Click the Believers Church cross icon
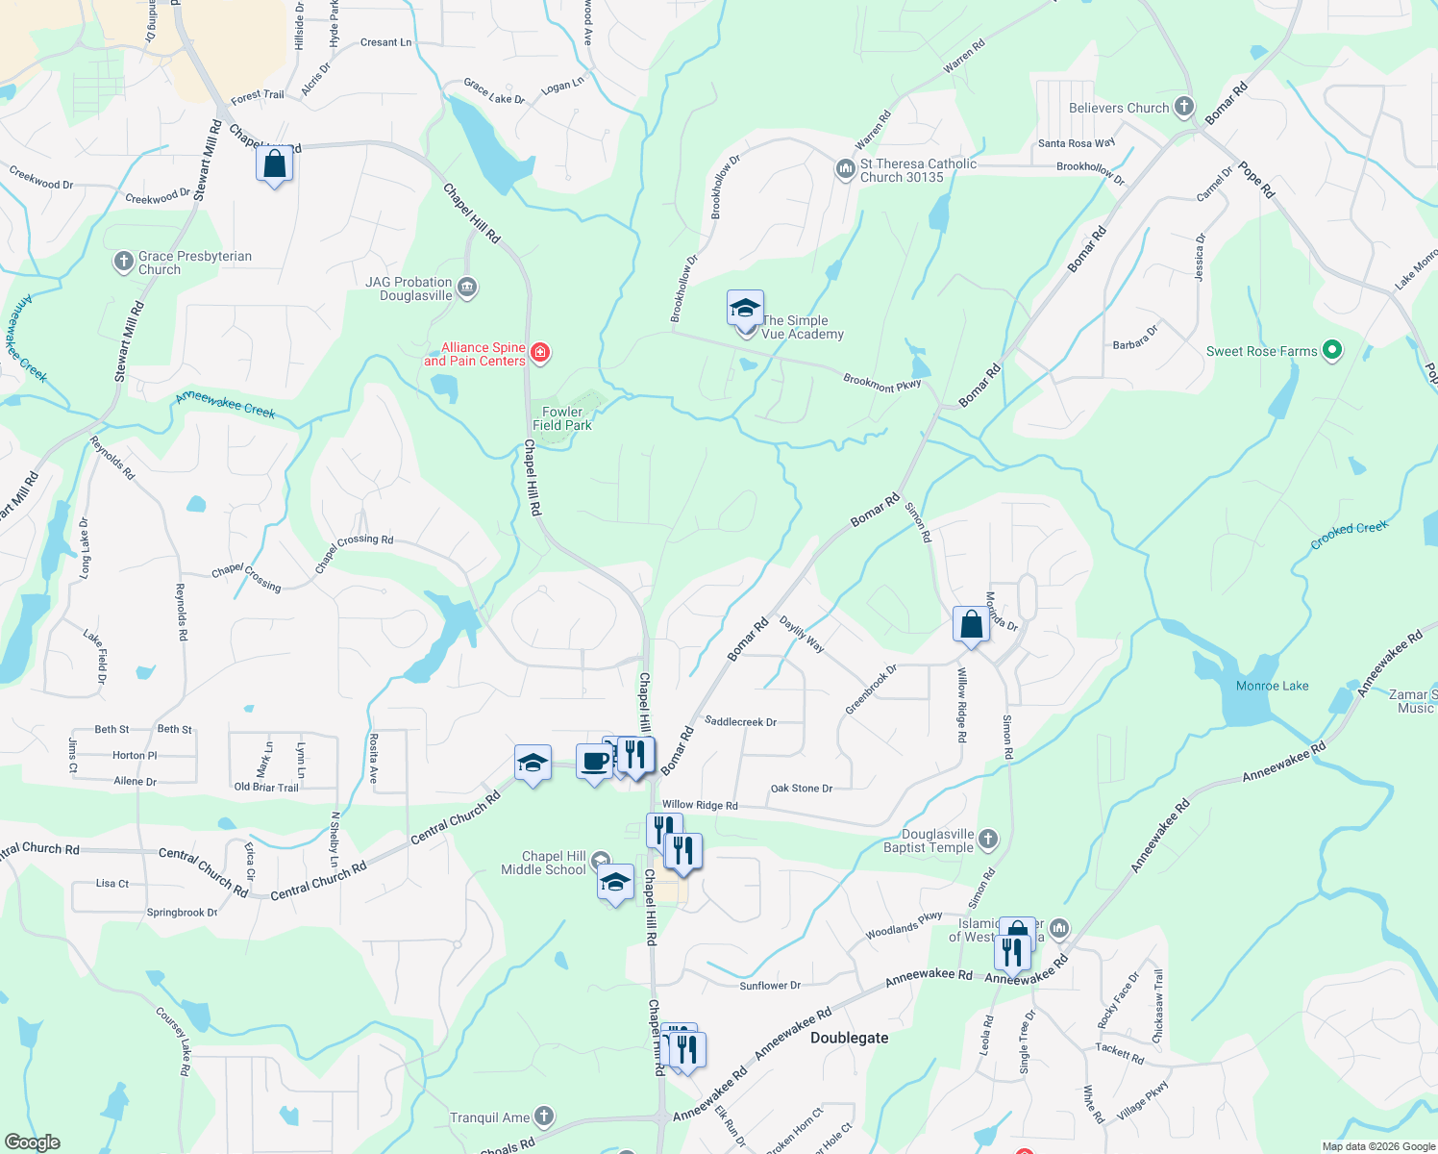pyautogui.click(x=1184, y=108)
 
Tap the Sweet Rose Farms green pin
pyautogui.click(x=1331, y=351)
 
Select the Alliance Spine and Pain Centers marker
pyautogui.click(x=540, y=353)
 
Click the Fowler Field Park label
pyautogui.click(x=562, y=418)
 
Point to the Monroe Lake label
pyautogui.click(x=1272, y=686)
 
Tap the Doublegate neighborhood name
pyautogui.click(x=849, y=1038)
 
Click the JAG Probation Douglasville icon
pyautogui.click(x=467, y=288)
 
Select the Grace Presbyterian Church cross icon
pyautogui.click(x=123, y=262)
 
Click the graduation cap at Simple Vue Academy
pyautogui.click(x=745, y=310)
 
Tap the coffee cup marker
pyautogui.click(x=595, y=762)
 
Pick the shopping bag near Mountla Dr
pyautogui.click(x=972, y=624)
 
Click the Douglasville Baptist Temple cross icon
pyautogui.click(x=988, y=840)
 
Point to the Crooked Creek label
pyautogui.click(x=1349, y=536)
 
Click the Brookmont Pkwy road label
pyautogui.click(x=881, y=383)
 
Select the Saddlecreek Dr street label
pyautogui.click(x=740, y=721)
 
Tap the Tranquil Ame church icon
pyautogui.click(x=544, y=1116)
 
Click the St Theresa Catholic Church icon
pyautogui.click(x=845, y=170)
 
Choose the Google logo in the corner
pyautogui.click(x=33, y=1141)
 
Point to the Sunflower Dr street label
pyautogui.click(x=770, y=986)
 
